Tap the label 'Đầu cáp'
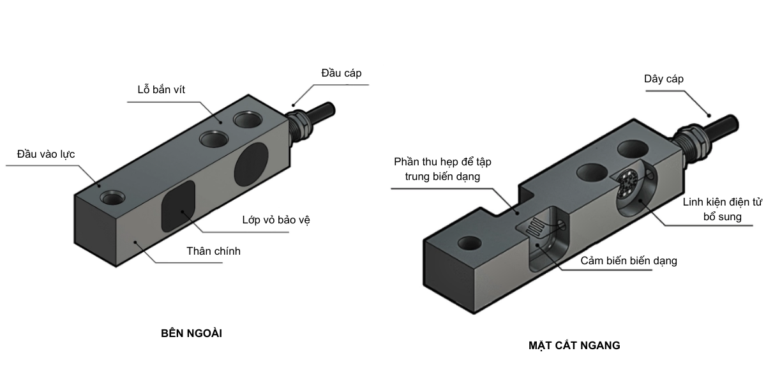[341, 73]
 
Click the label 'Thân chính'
[213, 251]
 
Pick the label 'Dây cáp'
[663, 79]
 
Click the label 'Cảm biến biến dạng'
[629, 260]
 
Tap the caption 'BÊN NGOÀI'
[191, 333]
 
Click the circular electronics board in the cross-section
[629, 181]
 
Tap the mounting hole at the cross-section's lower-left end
[470, 243]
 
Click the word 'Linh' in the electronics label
[694, 202]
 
